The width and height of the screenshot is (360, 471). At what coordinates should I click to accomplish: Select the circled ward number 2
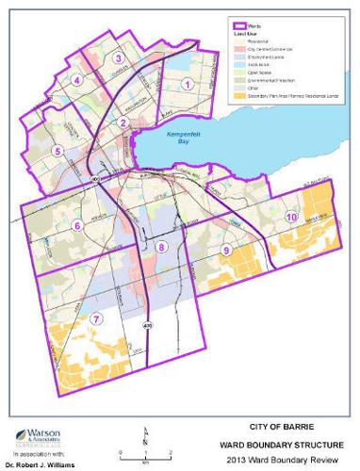click(x=122, y=122)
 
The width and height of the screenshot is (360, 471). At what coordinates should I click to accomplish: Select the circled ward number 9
click(x=227, y=249)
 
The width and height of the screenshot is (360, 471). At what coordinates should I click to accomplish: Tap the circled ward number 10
click(x=292, y=217)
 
